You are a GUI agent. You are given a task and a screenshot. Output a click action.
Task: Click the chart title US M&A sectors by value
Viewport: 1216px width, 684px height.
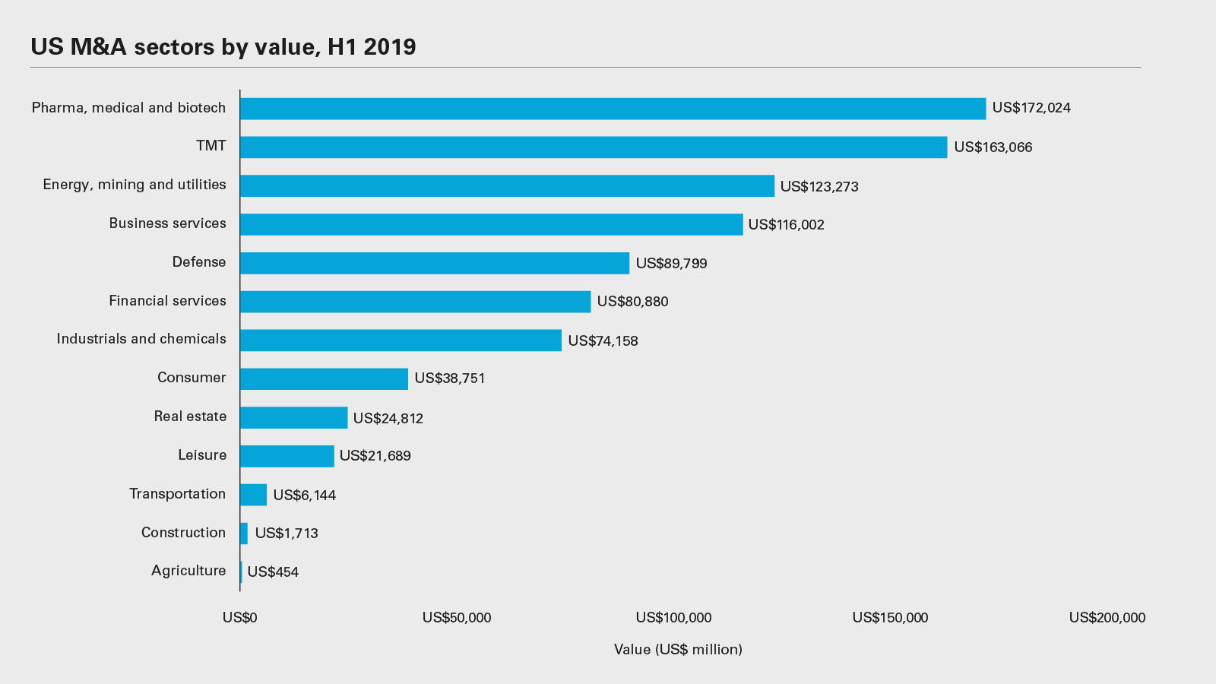(x=223, y=47)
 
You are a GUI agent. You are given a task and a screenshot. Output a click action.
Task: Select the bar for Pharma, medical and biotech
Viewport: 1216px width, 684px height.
(x=613, y=109)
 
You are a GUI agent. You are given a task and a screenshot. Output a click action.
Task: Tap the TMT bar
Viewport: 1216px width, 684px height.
(x=594, y=147)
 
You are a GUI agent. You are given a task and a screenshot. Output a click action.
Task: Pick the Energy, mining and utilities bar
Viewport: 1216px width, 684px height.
(x=507, y=186)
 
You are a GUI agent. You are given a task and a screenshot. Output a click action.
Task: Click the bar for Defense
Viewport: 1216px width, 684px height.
(x=435, y=263)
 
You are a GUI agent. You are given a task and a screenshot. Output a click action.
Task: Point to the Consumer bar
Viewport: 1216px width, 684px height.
(x=324, y=378)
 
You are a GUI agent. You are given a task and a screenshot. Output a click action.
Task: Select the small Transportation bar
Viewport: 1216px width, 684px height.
(x=253, y=495)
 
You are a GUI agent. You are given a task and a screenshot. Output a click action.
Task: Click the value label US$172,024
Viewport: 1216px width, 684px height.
(x=1031, y=108)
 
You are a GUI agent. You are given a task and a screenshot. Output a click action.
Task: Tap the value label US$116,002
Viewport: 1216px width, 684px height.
(x=786, y=225)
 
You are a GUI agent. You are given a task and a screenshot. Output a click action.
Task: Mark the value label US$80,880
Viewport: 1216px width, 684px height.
(x=632, y=302)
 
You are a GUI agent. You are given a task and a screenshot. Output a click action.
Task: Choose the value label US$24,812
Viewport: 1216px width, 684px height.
(x=388, y=418)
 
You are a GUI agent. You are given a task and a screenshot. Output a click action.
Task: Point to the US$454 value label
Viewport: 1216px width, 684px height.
(x=273, y=572)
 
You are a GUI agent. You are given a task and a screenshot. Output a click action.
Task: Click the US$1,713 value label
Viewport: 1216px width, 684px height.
(x=287, y=534)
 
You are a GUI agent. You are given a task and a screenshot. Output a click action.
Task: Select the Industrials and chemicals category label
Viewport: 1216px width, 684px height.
(x=141, y=339)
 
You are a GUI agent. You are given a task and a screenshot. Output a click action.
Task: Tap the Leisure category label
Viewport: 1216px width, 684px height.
(x=202, y=455)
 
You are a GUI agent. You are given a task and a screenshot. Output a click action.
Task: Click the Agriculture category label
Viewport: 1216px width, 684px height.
(x=188, y=571)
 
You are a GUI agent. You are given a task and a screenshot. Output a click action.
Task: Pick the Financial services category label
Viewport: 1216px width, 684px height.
(x=167, y=301)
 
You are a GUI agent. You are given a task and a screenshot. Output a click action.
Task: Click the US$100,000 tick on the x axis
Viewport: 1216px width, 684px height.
(x=673, y=618)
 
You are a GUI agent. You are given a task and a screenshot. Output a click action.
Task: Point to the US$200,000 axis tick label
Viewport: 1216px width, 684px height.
(x=1107, y=618)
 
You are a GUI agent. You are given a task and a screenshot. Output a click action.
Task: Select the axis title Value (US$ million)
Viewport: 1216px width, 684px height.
(x=678, y=650)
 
